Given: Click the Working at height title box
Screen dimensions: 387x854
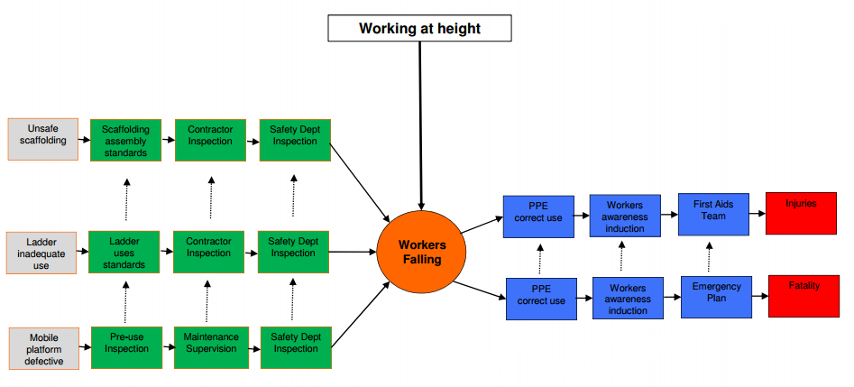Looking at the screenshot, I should [419, 29].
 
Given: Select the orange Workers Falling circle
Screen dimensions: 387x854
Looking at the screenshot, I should [421, 252].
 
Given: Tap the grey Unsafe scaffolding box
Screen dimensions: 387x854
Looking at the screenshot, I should [41, 139].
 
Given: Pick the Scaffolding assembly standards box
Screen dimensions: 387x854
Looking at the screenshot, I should [125, 140].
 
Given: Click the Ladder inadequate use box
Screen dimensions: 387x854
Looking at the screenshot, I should [41, 253].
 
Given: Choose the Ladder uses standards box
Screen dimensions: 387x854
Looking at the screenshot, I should [124, 253].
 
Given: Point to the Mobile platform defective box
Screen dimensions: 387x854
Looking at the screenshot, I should [41, 348].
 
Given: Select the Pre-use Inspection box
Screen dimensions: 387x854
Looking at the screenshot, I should [126, 347].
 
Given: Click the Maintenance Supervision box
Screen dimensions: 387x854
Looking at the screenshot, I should [210, 347].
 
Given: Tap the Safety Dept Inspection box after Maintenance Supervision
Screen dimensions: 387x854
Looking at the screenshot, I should [295, 347].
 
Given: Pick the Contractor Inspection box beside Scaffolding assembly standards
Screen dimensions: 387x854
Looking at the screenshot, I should [210, 140].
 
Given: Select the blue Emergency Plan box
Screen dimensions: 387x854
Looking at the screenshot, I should [716, 295].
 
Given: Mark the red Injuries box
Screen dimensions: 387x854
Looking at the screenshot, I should [801, 213].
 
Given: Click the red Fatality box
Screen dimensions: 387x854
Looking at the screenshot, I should [803, 295].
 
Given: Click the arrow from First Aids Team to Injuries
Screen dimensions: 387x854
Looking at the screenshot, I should [757, 215].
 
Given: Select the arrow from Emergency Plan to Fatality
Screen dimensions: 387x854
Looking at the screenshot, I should [759, 294].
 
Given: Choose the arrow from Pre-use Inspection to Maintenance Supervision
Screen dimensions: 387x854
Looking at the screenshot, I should [167, 346].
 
